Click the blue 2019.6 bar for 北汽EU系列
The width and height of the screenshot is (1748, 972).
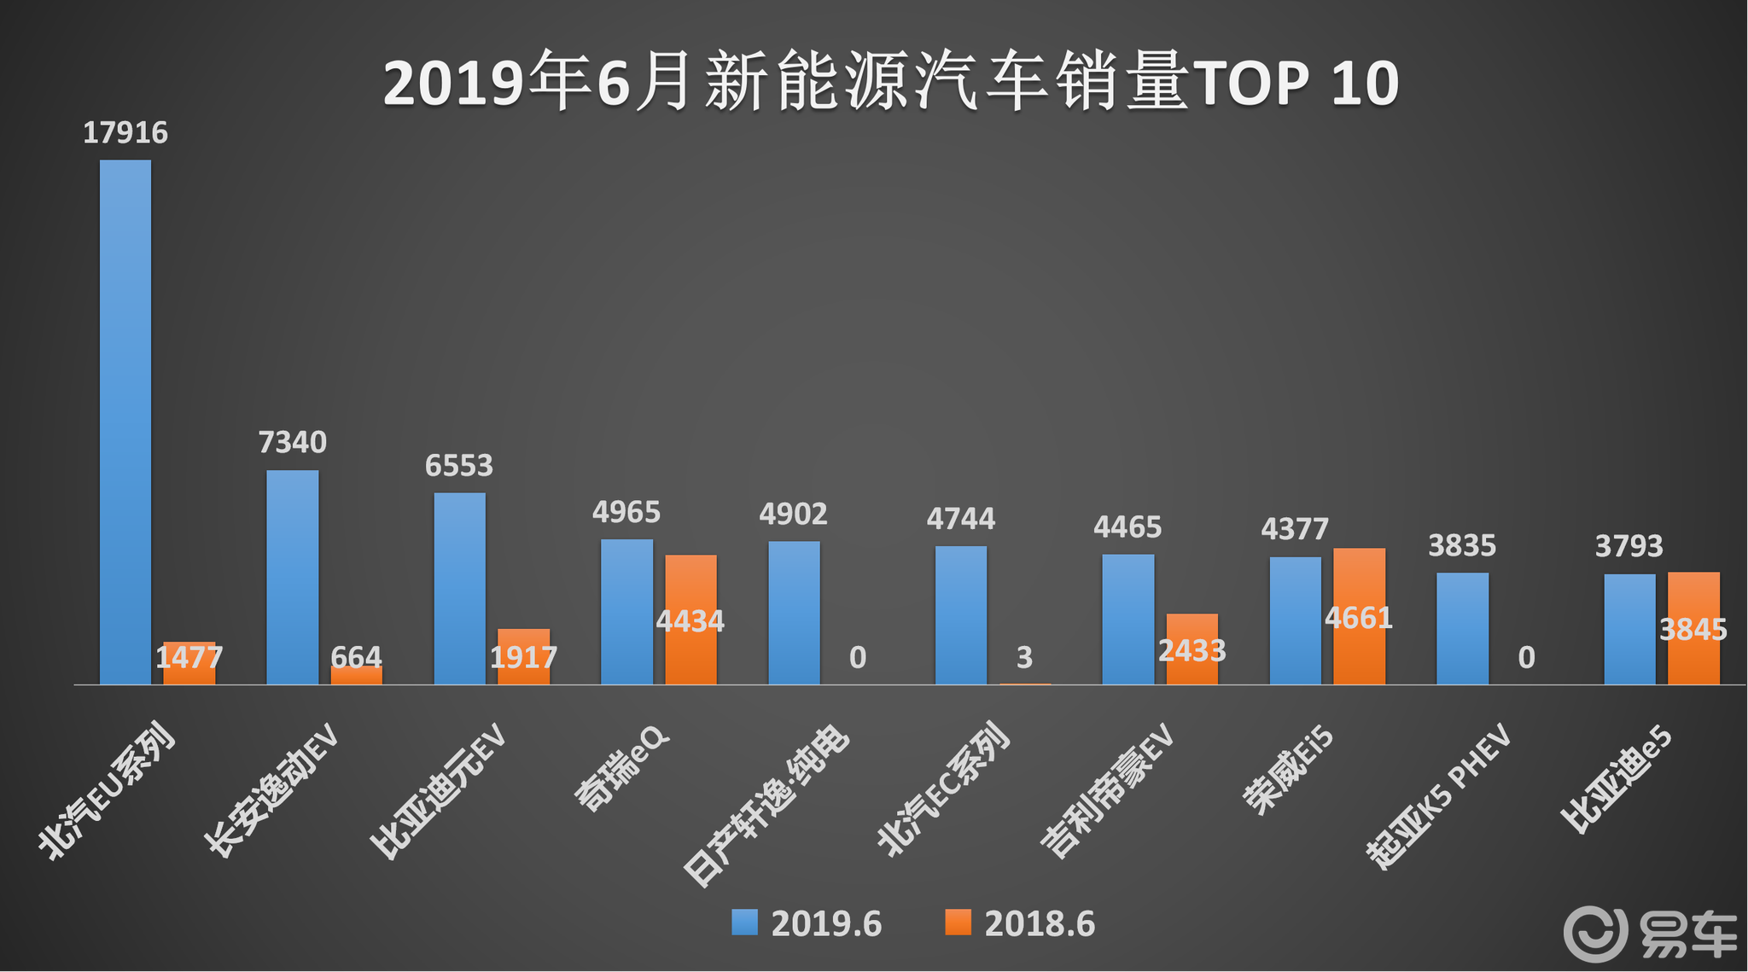[x=125, y=422]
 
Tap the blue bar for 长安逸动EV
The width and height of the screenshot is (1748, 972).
[x=292, y=577]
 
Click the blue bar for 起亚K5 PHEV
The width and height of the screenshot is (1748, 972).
[x=1462, y=628]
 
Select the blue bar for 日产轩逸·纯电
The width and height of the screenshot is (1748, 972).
[x=794, y=612]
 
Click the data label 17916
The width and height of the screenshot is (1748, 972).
[x=125, y=133]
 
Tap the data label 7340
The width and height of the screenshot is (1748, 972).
[x=292, y=442]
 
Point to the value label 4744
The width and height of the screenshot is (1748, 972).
[x=961, y=519]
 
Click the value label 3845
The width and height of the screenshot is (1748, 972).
[x=1693, y=630]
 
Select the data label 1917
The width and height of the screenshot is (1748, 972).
[x=523, y=657]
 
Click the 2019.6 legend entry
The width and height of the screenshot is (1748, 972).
[x=807, y=924]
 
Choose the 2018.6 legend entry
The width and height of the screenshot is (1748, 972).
[x=1020, y=924]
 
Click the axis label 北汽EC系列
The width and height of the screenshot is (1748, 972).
[x=943, y=789]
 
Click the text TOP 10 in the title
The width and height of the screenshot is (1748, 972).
[x=1296, y=84]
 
